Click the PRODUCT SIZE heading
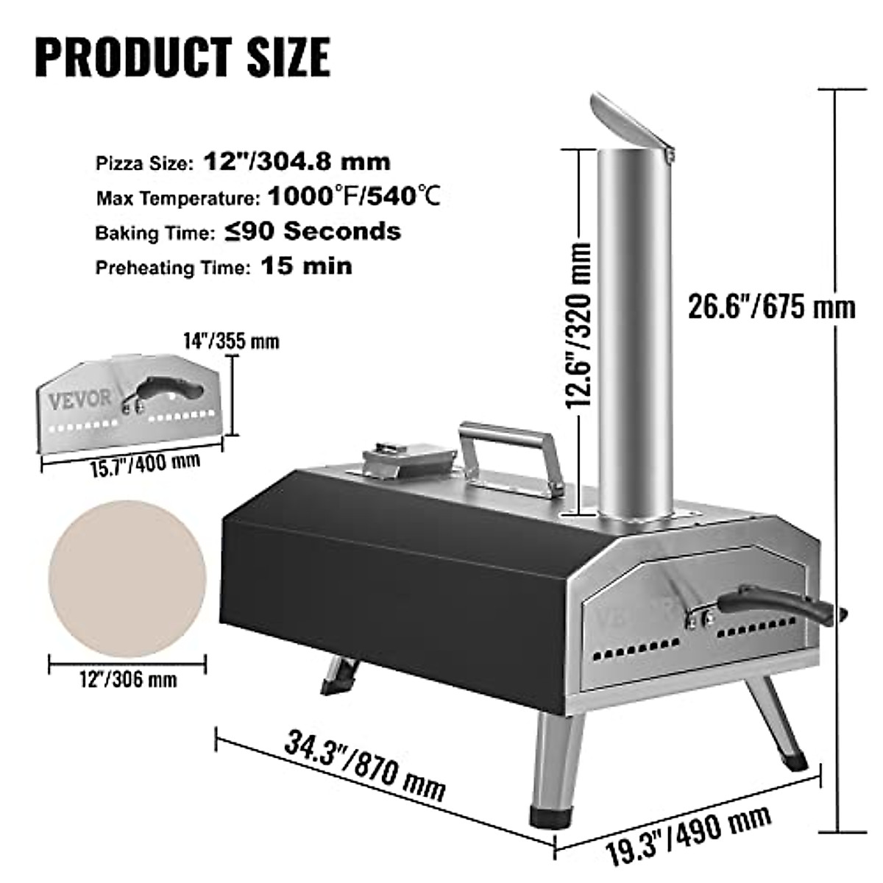click(182, 56)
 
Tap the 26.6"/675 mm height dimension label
click(771, 306)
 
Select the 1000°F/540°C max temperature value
click(354, 196)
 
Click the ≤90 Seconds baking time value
click(313, 232)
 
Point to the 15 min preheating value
click(307, 266)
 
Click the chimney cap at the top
click(631, 122)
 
